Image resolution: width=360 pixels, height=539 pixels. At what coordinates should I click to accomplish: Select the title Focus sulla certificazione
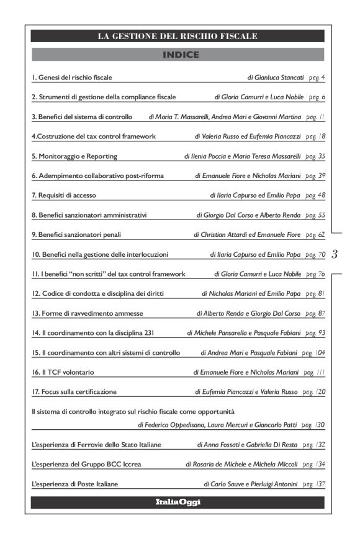click(74, 392)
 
